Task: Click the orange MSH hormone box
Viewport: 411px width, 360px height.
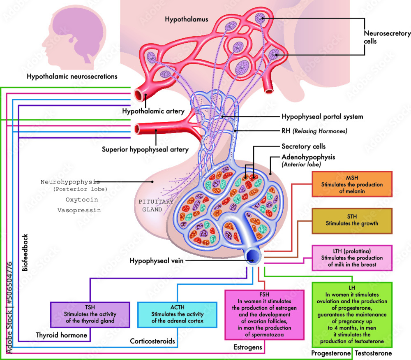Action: [x=352, y=185]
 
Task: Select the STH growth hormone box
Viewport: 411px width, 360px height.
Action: [x=352, y=221]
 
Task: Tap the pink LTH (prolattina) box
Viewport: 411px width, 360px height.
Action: [x=352, y=258]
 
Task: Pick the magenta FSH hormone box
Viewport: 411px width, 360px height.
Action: [x=264, y=315]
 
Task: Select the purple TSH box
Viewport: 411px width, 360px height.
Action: [x=90, y=314]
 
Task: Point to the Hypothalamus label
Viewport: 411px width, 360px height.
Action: [x=186, y=19]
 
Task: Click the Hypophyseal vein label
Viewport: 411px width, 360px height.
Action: [x=155, y=260]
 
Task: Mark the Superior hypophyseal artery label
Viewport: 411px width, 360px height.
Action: [x=145, y=149]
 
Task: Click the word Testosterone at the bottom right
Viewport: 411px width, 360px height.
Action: [x=373, y=353]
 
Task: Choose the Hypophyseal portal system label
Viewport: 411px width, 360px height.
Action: [x=322, y=116]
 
